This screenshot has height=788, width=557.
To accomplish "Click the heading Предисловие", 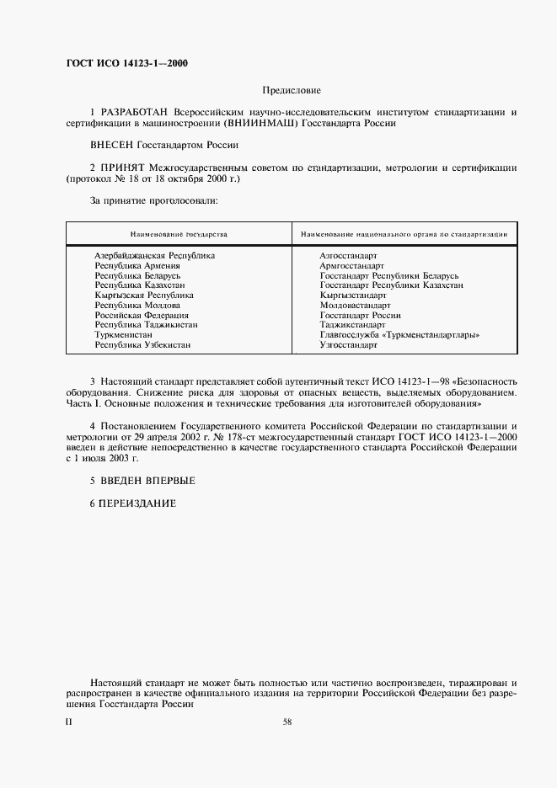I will tap(292, 89).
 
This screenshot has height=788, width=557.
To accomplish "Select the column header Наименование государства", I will tap(178, 232).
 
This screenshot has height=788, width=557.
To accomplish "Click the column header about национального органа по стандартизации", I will tap(404, 232).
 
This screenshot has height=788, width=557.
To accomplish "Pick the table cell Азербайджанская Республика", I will tap(154, 254).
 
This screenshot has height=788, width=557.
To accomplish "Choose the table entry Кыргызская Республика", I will tap(143, 295).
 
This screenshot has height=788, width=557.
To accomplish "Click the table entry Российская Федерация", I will tap(141, 315).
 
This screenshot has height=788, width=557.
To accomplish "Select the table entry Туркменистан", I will tap(123, 335).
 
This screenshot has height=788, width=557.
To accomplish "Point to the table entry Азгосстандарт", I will tap(348, 254).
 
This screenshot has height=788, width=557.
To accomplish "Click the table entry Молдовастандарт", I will tap(354, 305).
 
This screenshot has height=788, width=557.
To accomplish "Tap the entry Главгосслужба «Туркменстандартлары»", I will tap(399, 335).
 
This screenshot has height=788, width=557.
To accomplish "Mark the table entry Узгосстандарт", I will tap(348, 345).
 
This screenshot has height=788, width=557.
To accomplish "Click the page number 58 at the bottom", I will tap(287, 721).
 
